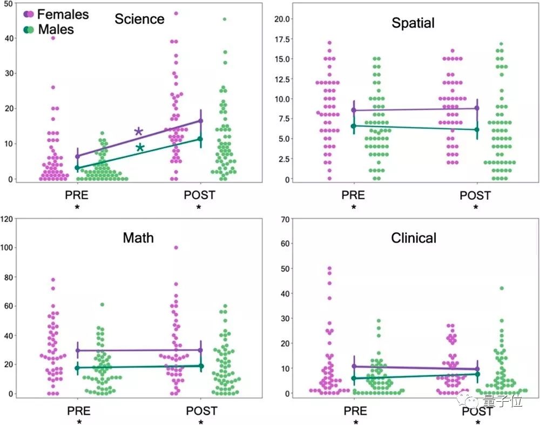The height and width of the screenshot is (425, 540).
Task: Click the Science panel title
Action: tap(139, 19)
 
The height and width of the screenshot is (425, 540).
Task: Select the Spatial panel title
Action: tap(413, 23)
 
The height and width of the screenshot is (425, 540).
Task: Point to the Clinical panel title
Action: tap(414, 238)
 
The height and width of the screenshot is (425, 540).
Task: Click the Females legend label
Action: tap(63, 15)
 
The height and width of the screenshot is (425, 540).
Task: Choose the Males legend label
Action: tap(56, 29)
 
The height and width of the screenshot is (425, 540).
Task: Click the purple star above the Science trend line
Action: tap(139, 132)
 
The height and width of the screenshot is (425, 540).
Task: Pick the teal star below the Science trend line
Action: tap(140, 148)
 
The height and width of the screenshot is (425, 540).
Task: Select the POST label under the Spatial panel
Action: tap(475, 195)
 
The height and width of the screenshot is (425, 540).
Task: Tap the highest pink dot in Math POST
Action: tap(176, 248)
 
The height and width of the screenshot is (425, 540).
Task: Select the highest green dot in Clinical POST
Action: tap(502, 288)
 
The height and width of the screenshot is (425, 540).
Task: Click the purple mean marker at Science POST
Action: tap(201, 121)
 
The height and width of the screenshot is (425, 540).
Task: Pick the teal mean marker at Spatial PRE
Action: tap(354, 126)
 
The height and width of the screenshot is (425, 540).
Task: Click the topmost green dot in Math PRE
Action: tap(102, 305)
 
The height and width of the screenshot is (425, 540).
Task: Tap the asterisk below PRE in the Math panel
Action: tap(79, 422)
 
